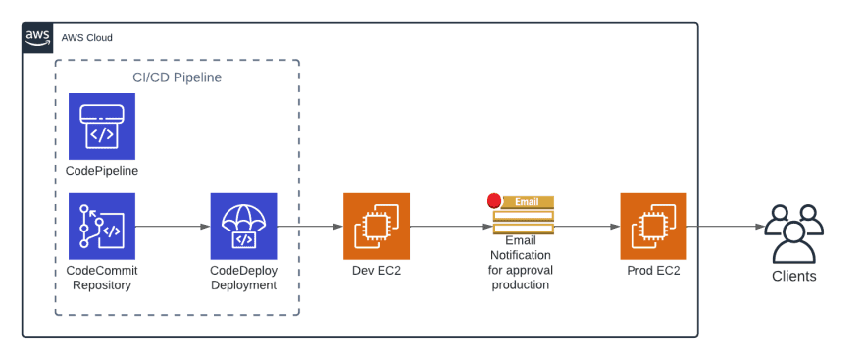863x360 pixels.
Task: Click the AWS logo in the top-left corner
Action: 38,37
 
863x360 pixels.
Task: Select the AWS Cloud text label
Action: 86,38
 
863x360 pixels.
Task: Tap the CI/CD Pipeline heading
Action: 177,77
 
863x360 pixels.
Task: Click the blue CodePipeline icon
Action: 102,127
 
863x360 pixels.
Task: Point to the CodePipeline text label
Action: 102,171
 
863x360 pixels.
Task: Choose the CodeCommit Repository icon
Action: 102,226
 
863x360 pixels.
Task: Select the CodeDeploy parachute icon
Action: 243,226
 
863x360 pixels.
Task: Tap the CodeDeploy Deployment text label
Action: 243,278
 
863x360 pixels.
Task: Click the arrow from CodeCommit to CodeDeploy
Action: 173,227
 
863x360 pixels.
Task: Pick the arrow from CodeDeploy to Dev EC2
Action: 310,227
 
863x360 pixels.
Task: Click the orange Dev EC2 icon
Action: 377,226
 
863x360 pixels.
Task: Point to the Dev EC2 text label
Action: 377,271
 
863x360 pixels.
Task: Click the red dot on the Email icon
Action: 494,201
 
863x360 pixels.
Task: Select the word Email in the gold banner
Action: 527,202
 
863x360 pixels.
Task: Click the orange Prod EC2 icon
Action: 653,226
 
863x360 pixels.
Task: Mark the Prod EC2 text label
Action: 653,271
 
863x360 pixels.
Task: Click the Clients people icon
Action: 793,233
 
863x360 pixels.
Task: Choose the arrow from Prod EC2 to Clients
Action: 726,227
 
